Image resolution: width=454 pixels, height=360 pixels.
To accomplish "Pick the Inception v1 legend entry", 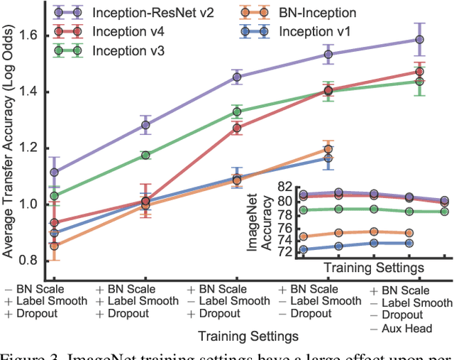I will pyautogui.click(x=318, y=31).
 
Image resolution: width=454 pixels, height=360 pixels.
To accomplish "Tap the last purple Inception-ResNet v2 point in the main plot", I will pyautogui.click(x=419, y=40).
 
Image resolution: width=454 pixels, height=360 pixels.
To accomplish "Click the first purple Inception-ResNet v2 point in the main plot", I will pyautogui.click(x=54, y=172).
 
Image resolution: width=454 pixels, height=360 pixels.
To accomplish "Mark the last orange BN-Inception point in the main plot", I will pyautogui.click(x=328, y=149).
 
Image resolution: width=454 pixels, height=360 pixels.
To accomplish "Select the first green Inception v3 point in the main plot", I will pyautogui.click(x=54, y=196).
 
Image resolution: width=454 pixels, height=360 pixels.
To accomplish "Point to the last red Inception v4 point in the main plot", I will pyautogui.click(x=419, y=72).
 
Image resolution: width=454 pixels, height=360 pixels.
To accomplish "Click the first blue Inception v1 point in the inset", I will pyautogui.click(x=304, y=249).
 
